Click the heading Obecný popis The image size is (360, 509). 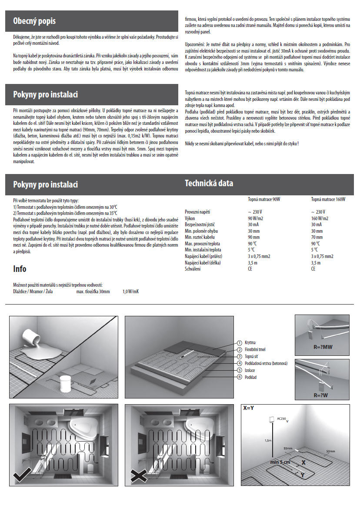pyautogui.click(x=34, y=21)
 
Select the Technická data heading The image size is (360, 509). pyautogui.click(x=209, y=183)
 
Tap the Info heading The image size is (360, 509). pyautogui.click(x=20, y=269)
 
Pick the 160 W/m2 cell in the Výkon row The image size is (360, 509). pyautogui.click(x=320, y=218)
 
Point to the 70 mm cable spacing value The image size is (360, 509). pyautogui.click(x=317, y=238)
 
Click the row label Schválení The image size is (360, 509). pyautogui.click(x=193, y=269)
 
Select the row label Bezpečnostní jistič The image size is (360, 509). pyautogui.click(x=200, y=224)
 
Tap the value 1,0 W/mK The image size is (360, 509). pyautogui.click(x=130, y=291)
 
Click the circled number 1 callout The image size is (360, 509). pyautogui.click(x=239, y=342)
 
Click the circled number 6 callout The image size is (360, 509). pyautogui.click(x=239, y=377)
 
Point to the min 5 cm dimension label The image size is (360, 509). pyautogui.click(x=280, y=462)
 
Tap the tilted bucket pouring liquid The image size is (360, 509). pyautogui.click(x=31, y=338)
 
